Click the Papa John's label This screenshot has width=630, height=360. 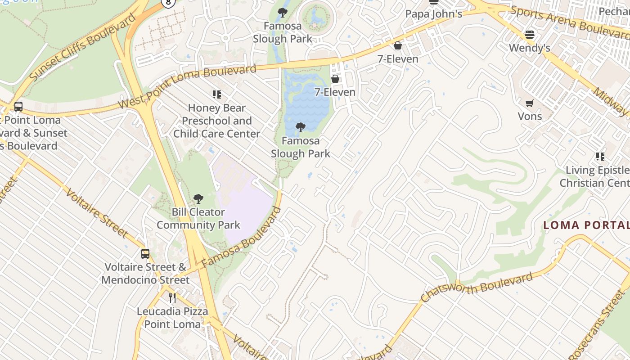pyautogui.click(x=433, y=14)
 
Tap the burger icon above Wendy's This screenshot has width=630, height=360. pyautogui.click(x=530, y=35)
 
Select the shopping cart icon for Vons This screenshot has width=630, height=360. pyautogui.click(x=530, y=103)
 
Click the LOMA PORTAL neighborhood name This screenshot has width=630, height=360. pyautogui.click(x=586, y=225)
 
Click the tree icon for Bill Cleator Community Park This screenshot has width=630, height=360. pyautogui.click(x=198, y=199)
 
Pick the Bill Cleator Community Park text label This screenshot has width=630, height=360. pyautogui.click(x=198, y=218)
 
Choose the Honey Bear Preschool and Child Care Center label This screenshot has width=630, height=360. pyautogui.click(x=216, y=121)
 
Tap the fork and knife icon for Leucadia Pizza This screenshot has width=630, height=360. pyautogui.click(x=172, y=297)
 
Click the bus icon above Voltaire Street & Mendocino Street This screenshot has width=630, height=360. pyautogui.click(x=145, y=253)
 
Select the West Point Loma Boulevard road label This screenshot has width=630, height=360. pyautogui.click(x=187, y=85)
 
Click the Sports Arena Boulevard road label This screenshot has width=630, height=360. pyautogui.click(x=569, y=22)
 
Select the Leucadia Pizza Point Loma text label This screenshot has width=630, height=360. pyautogui.click(x=172, y=318)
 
